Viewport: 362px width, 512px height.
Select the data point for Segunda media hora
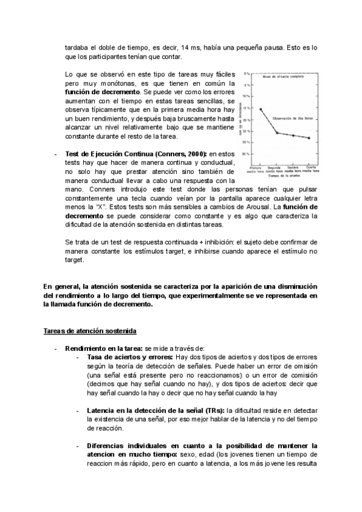(x=277, y=133)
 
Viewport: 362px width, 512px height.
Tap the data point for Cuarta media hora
(x=309, y=138)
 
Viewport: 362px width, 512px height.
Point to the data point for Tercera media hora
(x=293, y=136)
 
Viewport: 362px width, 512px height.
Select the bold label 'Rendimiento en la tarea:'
(x=103, y=348)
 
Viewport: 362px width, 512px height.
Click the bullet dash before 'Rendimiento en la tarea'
(x=55, y=348)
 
